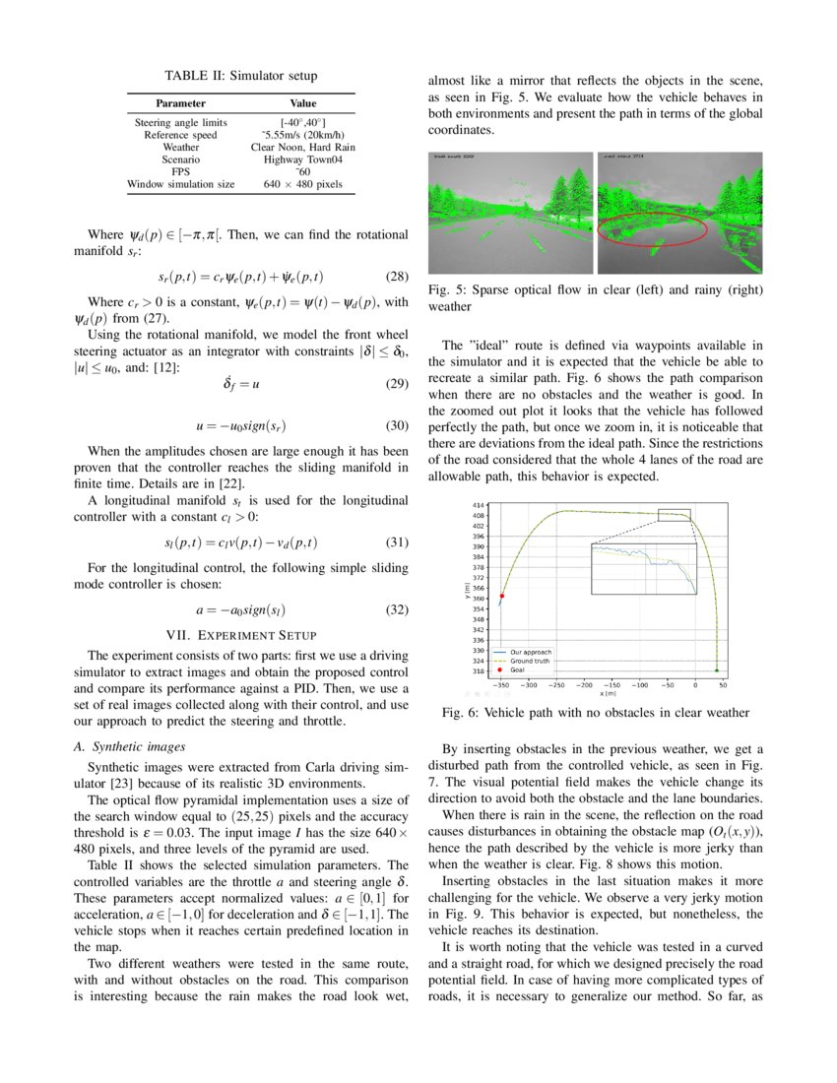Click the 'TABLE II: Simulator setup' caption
point(241,76)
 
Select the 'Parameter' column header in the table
point(180,102)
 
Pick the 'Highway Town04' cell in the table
point(302,159)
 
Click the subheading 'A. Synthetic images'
point(124,746)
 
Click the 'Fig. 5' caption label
point(448,290)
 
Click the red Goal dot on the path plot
point(502,596)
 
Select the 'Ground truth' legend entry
point(529,661)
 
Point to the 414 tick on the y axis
point(480,505)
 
